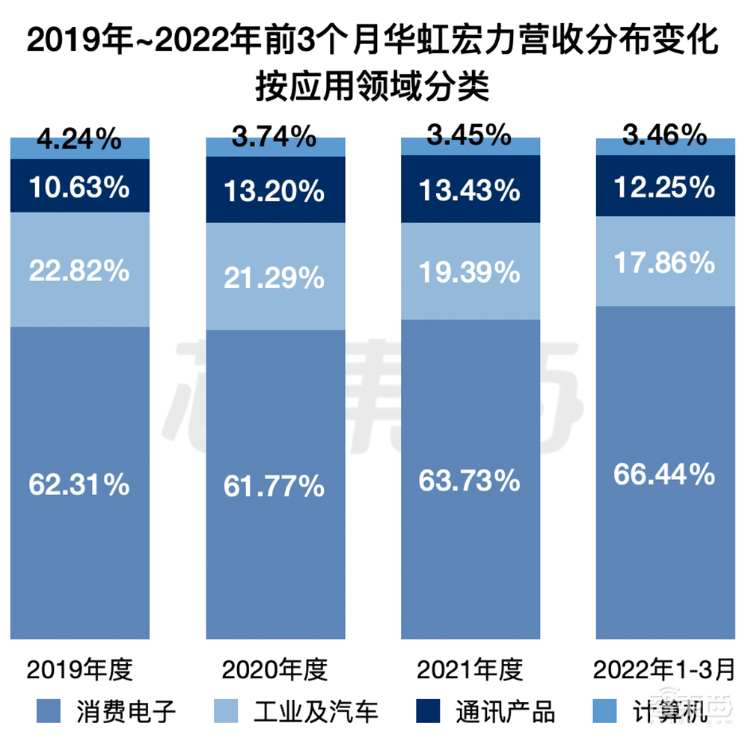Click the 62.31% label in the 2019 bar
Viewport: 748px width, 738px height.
(79, 485)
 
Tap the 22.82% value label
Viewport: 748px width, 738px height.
(79, 271)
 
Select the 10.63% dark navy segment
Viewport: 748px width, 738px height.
(79, 187)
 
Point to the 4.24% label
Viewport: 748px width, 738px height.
(79, 139)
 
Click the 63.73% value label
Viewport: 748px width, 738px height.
(470, 479)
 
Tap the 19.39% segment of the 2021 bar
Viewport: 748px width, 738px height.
(470, 273)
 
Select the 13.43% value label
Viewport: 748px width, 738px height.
(470, 191)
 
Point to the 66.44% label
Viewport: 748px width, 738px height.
(665, 473)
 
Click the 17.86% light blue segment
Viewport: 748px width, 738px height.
(665, 263)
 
